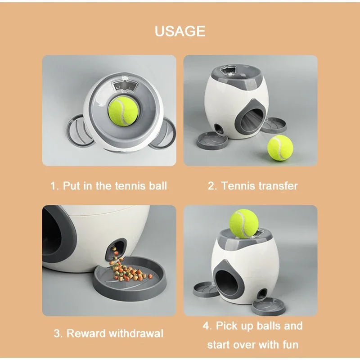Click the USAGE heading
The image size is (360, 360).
tap(180, 31)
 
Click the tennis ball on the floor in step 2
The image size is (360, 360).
tap(280, 148)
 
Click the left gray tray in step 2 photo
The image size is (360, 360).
tap(212, 139)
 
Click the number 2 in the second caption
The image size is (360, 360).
tap(212, 186)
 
